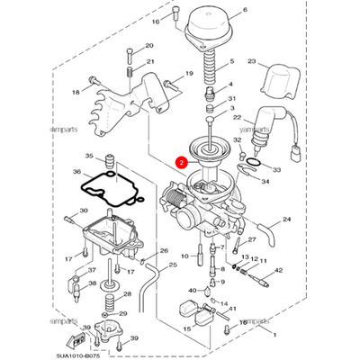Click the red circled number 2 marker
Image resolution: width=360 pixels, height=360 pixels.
pyautogui.click(x=181, y=164)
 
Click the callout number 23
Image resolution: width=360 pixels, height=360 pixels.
pyautogui.click(x=277, y=62)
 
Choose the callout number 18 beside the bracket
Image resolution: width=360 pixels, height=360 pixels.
pyautogui.click(x=76, y=92)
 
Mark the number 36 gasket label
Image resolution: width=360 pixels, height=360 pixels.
pyautogui.click(x=76, y=197)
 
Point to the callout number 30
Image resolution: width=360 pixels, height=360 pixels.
pyautogui.click(x=84, y=211)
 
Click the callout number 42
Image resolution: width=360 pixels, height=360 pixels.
pyautogui.click(x=278, y=270)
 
